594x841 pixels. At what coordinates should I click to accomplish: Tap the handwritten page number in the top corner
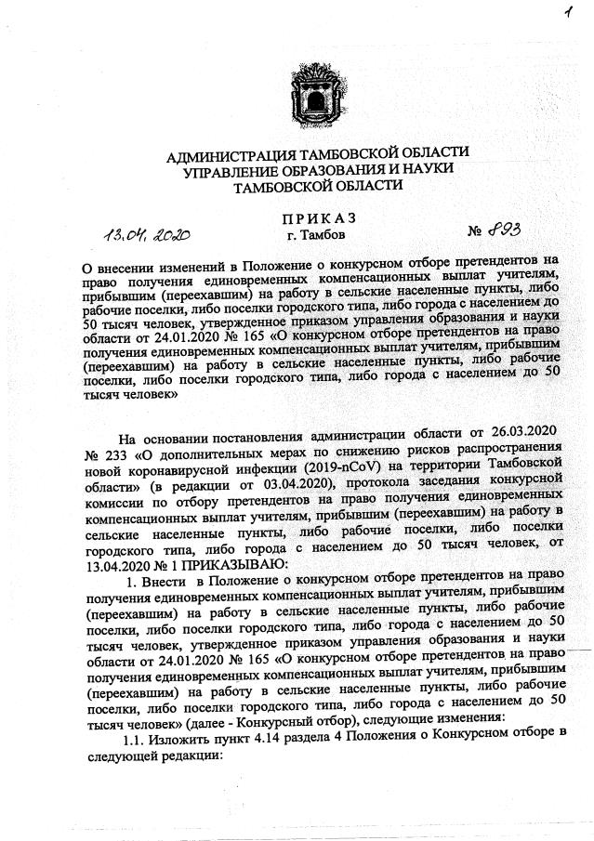[564, 13]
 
